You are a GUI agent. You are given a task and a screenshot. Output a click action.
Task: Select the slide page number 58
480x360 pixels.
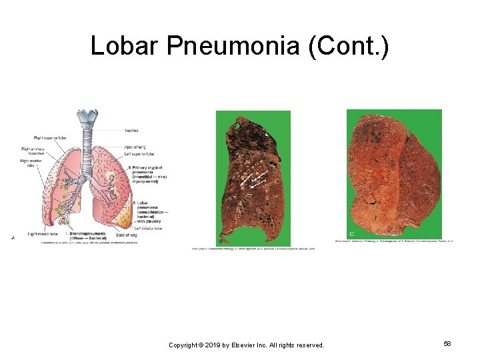click(x=447, y=343)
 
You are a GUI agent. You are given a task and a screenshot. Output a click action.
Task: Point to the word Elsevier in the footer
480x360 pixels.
click(x=248, y=345)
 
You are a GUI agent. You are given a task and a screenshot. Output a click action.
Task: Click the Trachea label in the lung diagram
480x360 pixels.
click(x=131, y=131)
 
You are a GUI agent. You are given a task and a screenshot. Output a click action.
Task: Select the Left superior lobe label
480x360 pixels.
click(x=139, y=153)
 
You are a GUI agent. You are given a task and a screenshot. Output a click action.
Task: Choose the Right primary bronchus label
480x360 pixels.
click(x=35, y=151)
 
